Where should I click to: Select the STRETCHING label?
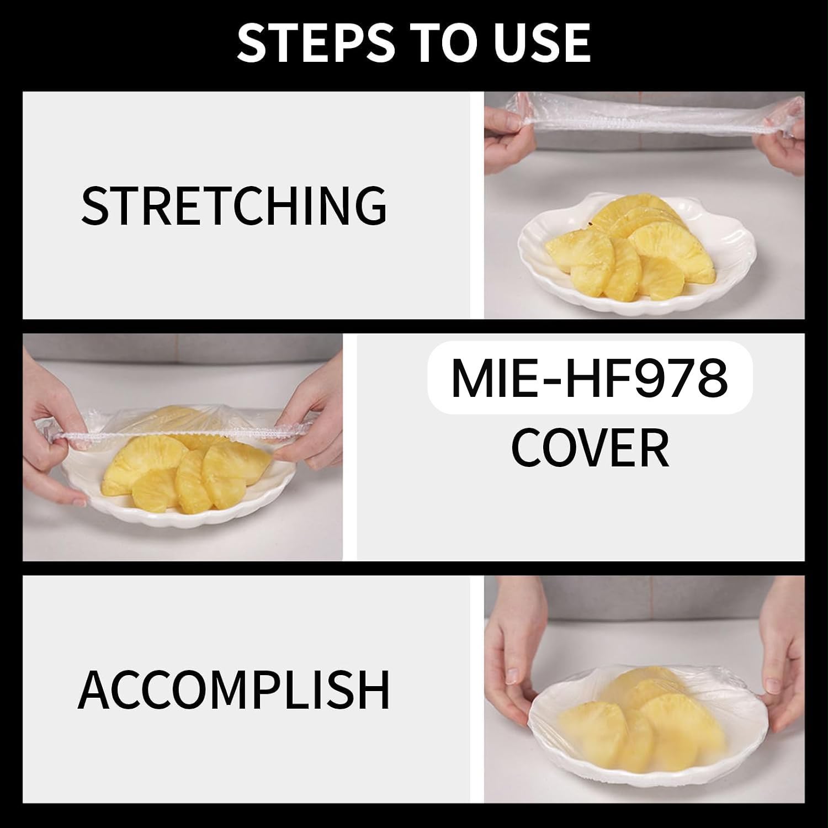pos(234,205)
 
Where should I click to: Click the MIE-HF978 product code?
pos(590,378)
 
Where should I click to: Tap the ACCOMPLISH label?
pos(234,689)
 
